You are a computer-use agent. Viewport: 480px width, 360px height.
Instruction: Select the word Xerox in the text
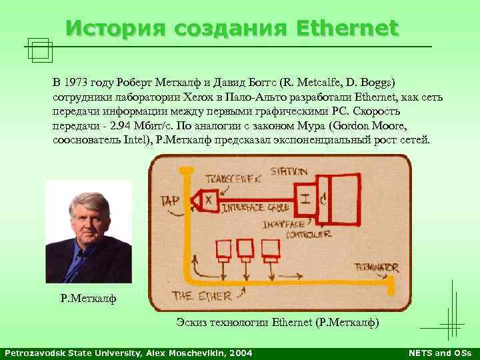tap(199, 97)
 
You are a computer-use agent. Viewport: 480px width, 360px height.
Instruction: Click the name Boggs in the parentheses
tap(373, 83)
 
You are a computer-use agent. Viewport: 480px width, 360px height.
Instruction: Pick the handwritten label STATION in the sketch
tap(288, 172)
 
